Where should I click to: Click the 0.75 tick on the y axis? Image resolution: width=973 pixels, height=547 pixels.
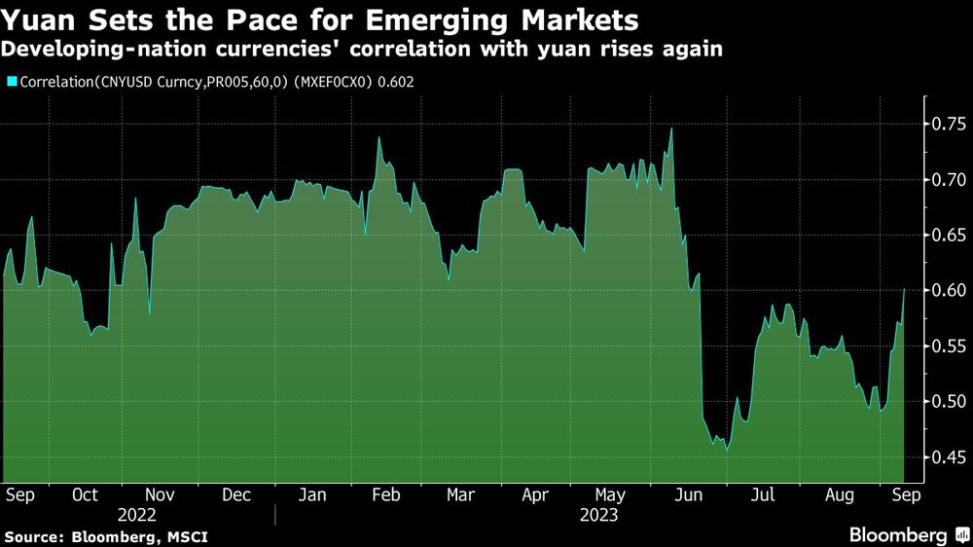click(x=939, y=124)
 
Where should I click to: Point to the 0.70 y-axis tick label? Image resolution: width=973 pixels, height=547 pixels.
click(x=939, y=179)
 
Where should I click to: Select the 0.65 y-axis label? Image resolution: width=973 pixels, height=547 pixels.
click(x=939, y=235)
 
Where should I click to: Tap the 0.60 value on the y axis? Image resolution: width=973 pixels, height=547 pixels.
click(x=939, y=290)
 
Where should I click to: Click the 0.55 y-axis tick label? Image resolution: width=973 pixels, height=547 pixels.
click(x=939, y=346)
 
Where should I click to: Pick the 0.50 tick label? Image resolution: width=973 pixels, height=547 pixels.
click(x=939, y=401)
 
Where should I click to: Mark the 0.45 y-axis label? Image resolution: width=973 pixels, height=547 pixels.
click(x=939, y=456)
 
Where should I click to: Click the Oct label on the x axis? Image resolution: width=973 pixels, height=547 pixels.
click(x=85, y=494)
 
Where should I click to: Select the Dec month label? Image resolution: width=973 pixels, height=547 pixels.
click(x=236, y=494)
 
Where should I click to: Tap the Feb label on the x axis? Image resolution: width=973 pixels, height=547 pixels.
click(x=386, y=494)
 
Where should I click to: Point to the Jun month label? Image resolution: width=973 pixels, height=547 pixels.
click(x=688, y=494)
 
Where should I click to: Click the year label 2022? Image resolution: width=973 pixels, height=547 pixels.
click(x=137, y=514)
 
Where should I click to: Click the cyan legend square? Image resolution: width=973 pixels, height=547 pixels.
click(x=11, y=82)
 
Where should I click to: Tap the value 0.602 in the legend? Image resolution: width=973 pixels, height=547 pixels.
click(x=397, y=82)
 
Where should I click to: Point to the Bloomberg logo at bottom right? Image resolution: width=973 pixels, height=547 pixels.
click(x=899, y=534)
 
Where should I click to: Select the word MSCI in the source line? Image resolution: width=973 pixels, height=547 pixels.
click(x=189, y=536)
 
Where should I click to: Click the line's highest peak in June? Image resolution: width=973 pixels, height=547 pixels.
click(x=671, y=128)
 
